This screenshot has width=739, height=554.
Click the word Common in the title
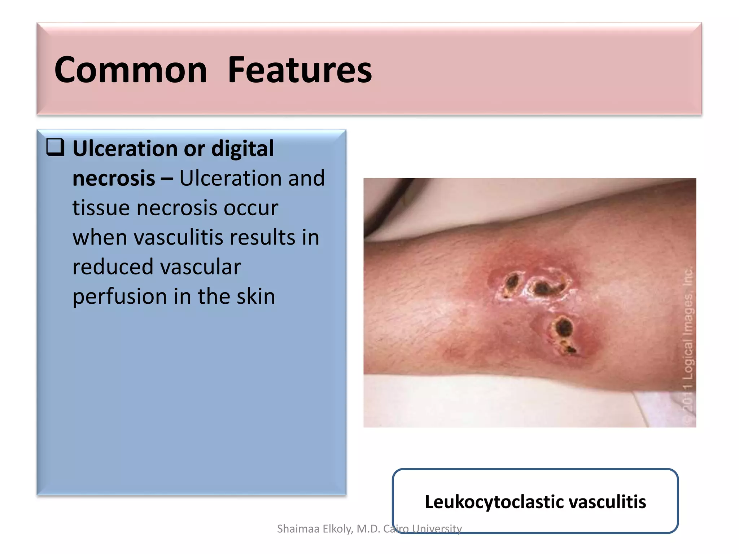pyautogui.click(x=131, y=70)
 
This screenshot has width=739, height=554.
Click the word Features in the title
pyautogui.click(x=299, y=70)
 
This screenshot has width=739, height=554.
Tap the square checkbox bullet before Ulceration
pyautogui.click(x=55, y=148)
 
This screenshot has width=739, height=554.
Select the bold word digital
pyautogui.click(x=242, y=149)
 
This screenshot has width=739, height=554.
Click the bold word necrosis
pyautogui.click(x=114, y=178)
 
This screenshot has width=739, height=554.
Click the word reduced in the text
pyautogui.click(x=113, y=267)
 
